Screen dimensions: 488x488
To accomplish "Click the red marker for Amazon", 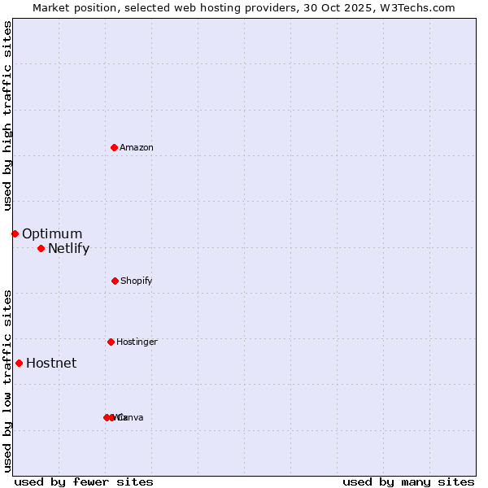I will tap(114, 147).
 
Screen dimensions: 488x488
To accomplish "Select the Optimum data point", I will tap(15, 233).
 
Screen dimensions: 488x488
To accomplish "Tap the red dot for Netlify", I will tap(41, 248).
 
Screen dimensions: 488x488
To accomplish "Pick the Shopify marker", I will tap(115, 281).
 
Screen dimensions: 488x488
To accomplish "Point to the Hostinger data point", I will tap(111, 342).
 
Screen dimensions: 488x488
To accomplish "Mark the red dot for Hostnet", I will tap(19, 363).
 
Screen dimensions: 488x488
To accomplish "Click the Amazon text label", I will tap(136, 147).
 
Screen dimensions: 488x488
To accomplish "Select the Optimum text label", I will tap(52, 234).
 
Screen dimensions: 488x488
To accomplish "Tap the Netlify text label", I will tap(68, 249).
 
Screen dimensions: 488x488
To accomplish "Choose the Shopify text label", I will tap(136, 281).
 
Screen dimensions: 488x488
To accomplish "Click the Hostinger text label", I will tap(137, 342).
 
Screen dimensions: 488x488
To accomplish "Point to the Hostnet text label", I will tap(51, 364).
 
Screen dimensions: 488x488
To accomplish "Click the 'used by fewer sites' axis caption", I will tap(84, 481).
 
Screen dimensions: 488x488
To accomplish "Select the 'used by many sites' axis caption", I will tap(408, 481).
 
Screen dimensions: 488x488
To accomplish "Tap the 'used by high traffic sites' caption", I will tap(7, 115).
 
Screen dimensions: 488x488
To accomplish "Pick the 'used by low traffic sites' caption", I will tap(7, 381).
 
